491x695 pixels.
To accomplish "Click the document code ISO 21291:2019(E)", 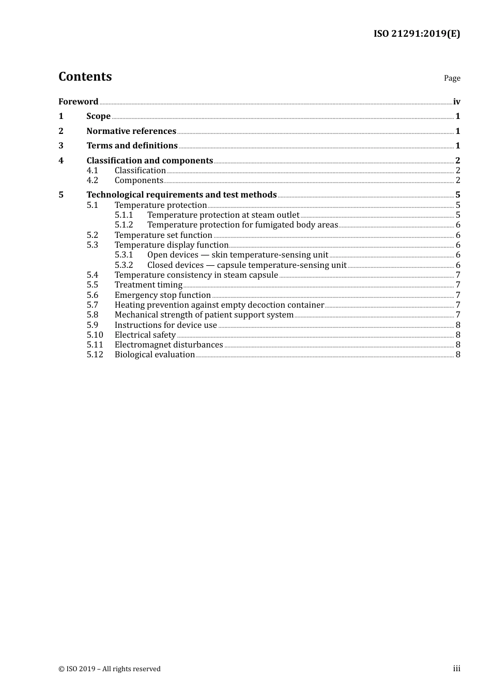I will pos(417,34).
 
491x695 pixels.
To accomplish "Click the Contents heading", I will pos(85,77).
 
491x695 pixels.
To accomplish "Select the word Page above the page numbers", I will pos(452,78).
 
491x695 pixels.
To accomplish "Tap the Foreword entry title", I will pos(78,101).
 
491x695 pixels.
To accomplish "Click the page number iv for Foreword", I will pos(456,101).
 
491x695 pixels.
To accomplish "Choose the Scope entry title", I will pos(98,116).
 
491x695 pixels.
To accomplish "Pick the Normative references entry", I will pos(131,131).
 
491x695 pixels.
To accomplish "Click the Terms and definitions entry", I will pos(132,146).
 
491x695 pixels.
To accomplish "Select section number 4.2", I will pos(92,180).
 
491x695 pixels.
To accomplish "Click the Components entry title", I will pos(139,180).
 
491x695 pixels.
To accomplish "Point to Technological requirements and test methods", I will pos(181,195).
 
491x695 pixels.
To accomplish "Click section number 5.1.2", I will pos(124,225).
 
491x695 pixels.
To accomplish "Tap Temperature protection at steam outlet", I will pos(223,215).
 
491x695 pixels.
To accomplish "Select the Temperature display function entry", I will pos(171,245).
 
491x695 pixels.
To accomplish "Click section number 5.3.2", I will pos(124,265).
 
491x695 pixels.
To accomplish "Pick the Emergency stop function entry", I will pos(162,295).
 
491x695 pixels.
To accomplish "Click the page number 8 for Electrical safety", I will pos(458,335).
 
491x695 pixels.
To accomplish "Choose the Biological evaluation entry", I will pos(155,355).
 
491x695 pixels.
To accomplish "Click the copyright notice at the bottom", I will pos(110,669).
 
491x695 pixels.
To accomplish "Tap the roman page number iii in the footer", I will pos(456,669).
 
